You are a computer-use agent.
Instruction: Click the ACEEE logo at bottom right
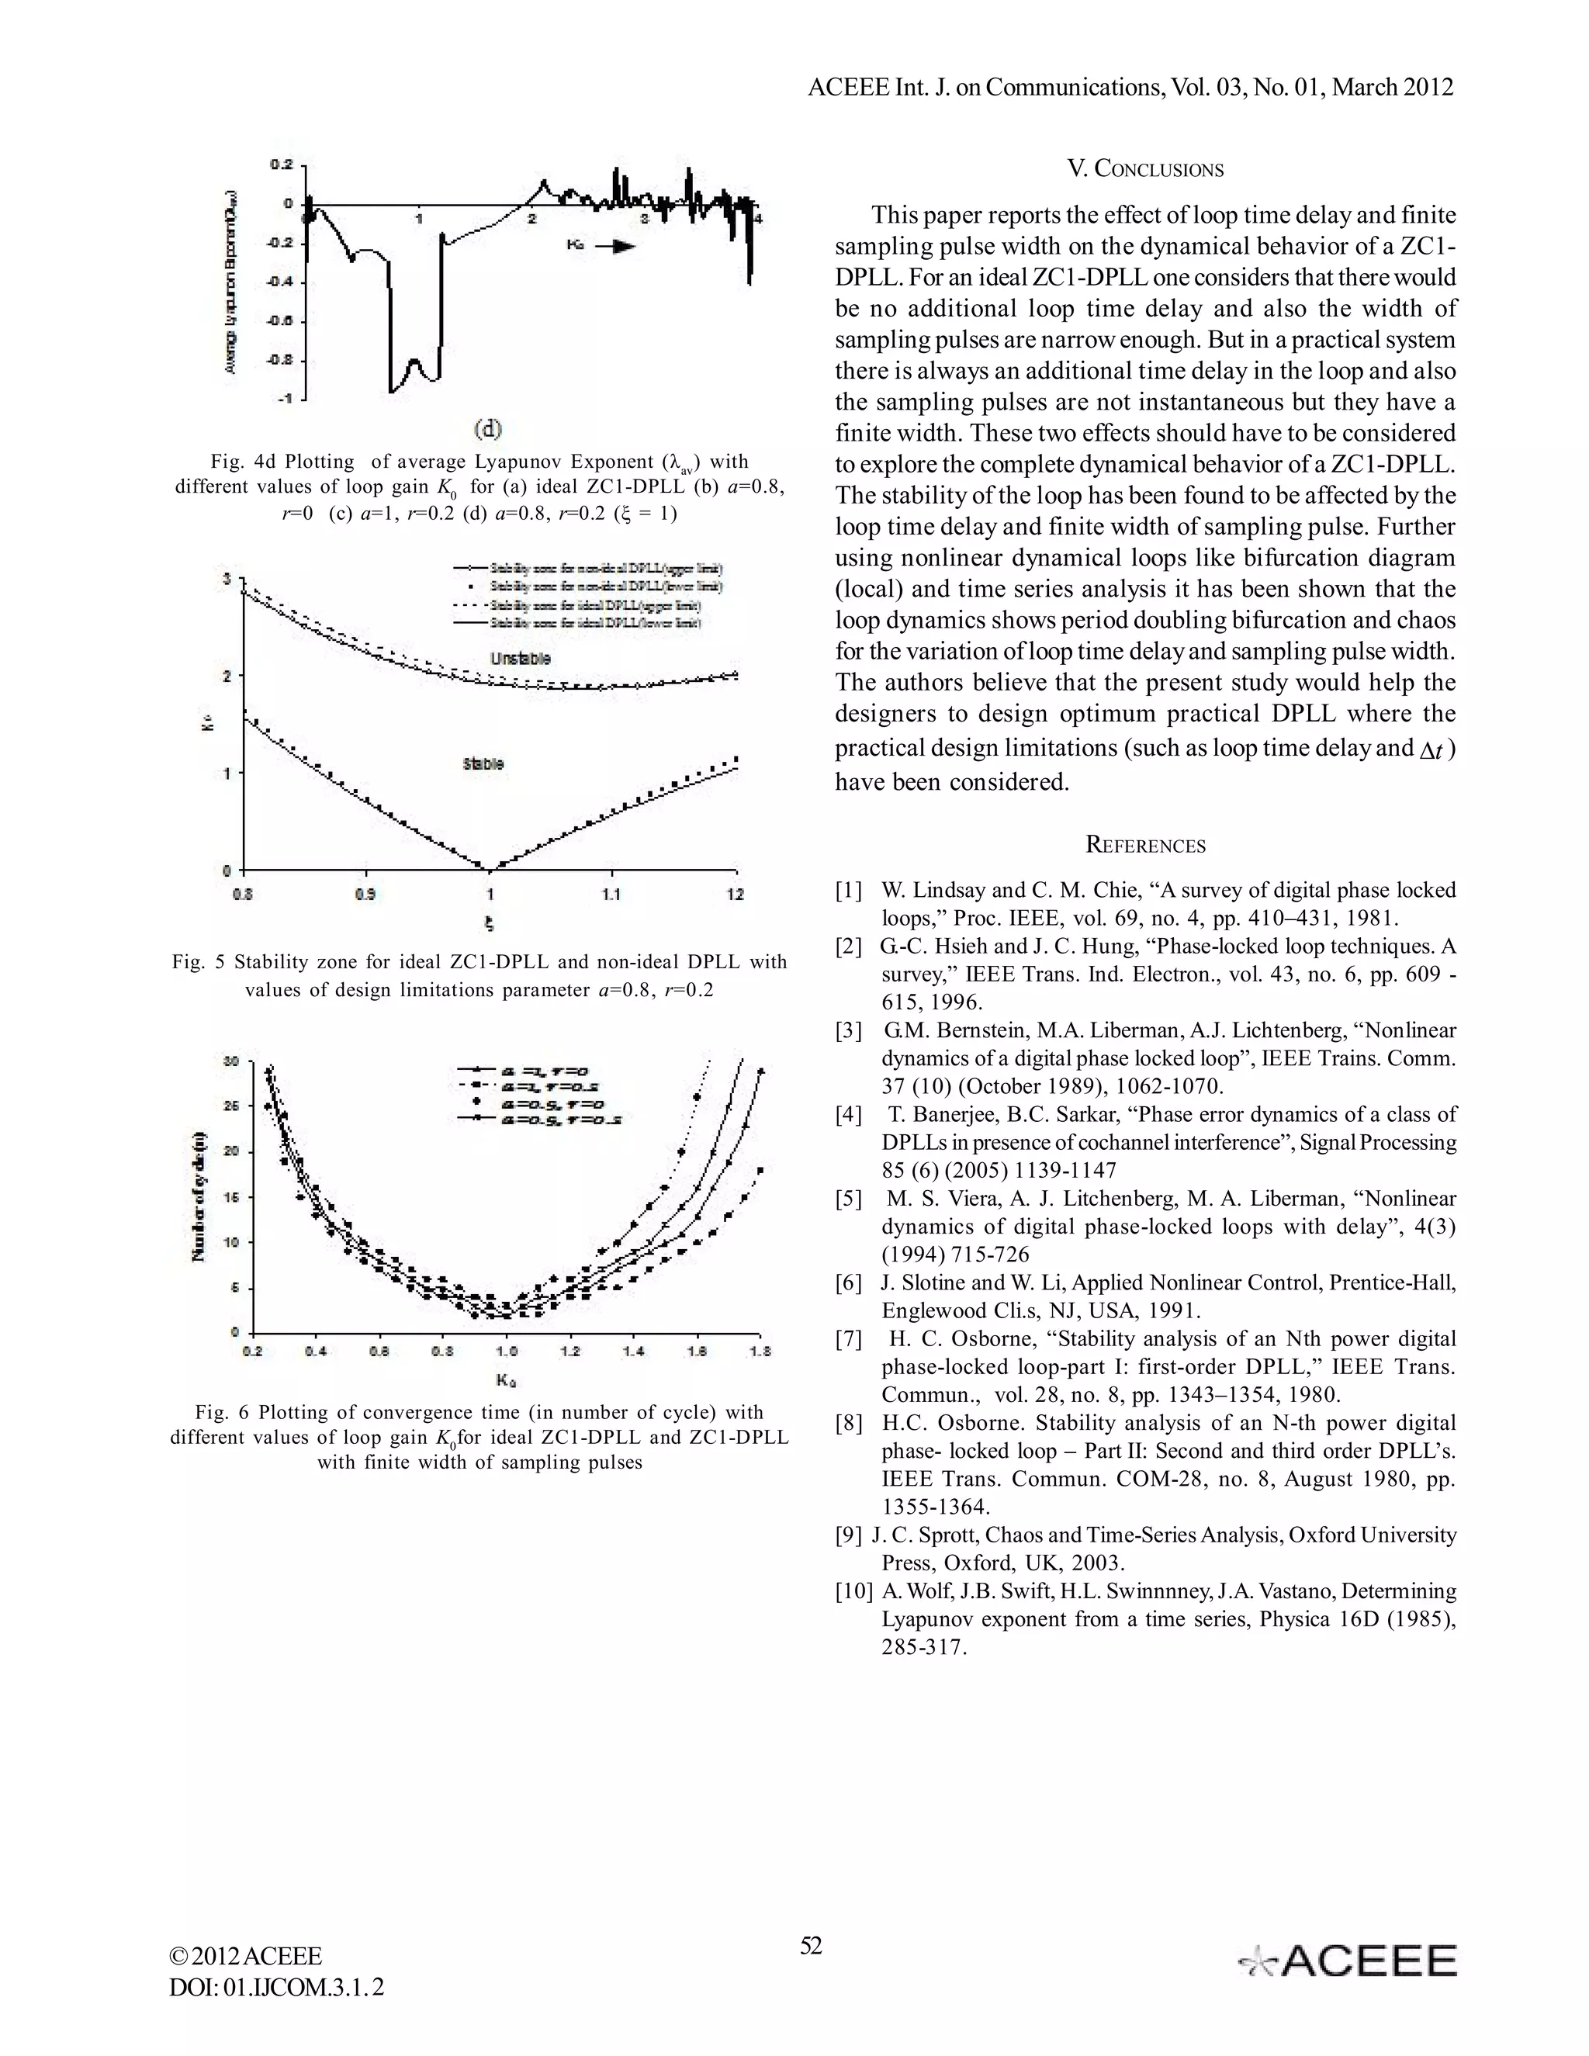pyautogui.click(x=1348, y=1961)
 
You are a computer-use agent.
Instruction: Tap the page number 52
pyautogui.click(x=811, y=1945)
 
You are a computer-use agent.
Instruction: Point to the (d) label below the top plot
pyautogui.click(x=487, y=429)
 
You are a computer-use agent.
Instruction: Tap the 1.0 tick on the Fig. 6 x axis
pyautogui.click(x=506, y=1351)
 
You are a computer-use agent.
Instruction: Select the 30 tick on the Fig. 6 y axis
pyautogui.click(x=230, y=1061)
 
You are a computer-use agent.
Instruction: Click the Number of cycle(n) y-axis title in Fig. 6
pyautogui.click(x=199, y=1196)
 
